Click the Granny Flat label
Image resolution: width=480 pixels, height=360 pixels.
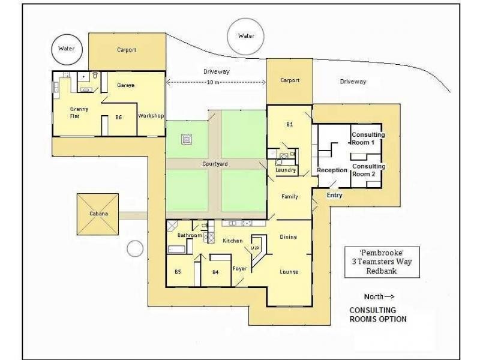(x=79, y=112)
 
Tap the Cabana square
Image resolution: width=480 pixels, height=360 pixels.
(x=98, y=215)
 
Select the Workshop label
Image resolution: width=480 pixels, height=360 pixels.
(x=151, y=115)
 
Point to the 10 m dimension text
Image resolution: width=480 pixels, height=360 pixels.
(x=213, y=82)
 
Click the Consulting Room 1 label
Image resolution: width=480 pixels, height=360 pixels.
(x=368, y=139)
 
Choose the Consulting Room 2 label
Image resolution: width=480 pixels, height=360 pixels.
(x=368, y=170)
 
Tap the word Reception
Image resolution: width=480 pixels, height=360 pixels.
(x=332, y=170)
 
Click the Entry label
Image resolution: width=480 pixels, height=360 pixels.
(x=335, y=196)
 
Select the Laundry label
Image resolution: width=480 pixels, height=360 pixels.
(x=286, y=170)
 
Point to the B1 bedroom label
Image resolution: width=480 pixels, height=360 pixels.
(x=289, y=125)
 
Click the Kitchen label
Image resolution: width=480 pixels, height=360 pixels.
(x=232, y=241)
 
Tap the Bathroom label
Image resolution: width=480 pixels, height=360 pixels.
(x=190, y=236)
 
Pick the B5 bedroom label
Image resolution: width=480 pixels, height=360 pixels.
(x=178, y=272)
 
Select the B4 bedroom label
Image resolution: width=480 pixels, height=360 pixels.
(x=215, y=272)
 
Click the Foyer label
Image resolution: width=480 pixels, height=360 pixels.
(x=240, y=268)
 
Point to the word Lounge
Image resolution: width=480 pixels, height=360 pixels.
(x=289, y=272)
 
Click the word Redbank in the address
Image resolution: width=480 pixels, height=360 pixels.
(x=383, y=271)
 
